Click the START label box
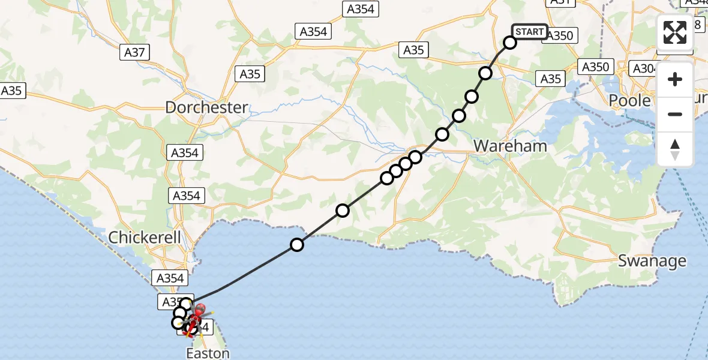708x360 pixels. tap(529, 32)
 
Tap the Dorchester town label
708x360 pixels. tap(206, 108)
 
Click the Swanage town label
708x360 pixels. tap(652, 261)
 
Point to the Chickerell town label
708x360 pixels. tap(145, 238)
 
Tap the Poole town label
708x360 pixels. tap(629, 100)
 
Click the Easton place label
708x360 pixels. tap(208, 353)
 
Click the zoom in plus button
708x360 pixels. tap(675, 79)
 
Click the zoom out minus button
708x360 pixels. tap(675, 114)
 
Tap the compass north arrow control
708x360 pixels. tap(675, 149)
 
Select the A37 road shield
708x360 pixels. tap(134, 53)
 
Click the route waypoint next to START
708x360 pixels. tap(510, 43)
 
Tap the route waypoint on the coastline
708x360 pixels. tap(297, 244)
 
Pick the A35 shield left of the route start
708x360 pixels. tap(413, 50)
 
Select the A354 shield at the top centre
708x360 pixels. tap(360, 9)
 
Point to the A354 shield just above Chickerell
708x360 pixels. tap(186, 196)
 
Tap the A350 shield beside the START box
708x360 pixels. tap(561, 35)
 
